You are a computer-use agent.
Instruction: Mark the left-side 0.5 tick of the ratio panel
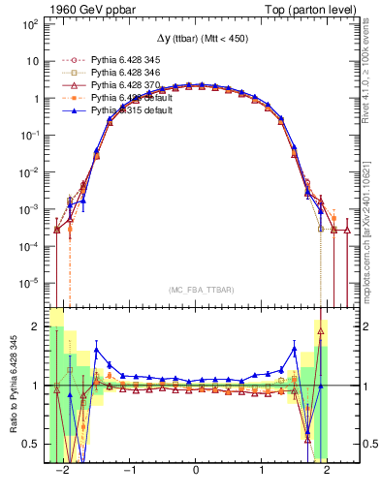tap(32, 444)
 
